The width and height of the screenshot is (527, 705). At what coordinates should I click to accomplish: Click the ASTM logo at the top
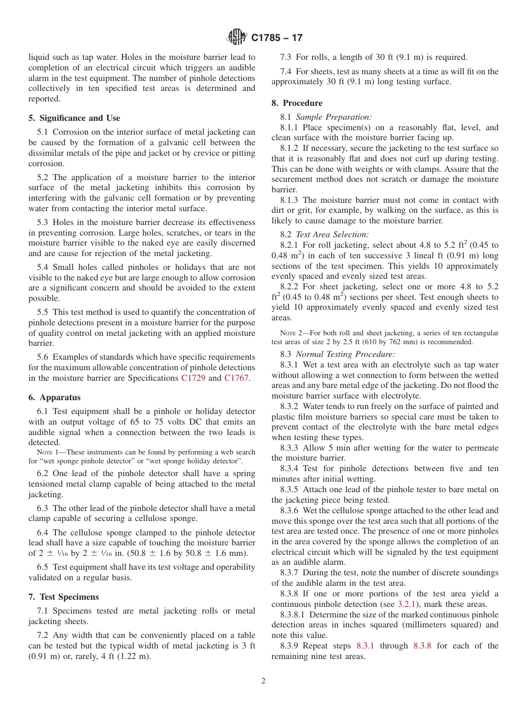click(236, 37)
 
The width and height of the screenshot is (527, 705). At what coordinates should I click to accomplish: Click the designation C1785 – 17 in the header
click(277, 38)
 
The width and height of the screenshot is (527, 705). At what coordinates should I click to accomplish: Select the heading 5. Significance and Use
click(74, 118)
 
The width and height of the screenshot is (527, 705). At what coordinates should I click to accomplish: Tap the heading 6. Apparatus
click(54, 397)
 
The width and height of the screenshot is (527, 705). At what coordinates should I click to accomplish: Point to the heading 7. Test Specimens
click(64, 597)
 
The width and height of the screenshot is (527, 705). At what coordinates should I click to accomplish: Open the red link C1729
click(193, 378)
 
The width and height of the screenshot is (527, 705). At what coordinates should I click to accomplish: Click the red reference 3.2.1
click(407, 604)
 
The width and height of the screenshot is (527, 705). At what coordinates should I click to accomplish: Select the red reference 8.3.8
click(423, 646)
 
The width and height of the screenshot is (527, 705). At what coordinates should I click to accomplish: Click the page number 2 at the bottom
click(263, 681)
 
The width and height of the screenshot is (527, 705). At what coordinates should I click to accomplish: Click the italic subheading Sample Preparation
click(333, 117)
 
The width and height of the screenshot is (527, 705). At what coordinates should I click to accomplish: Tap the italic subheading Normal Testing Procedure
click(345, 354)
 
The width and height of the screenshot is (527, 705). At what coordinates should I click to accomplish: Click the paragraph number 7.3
click(286, 57)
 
